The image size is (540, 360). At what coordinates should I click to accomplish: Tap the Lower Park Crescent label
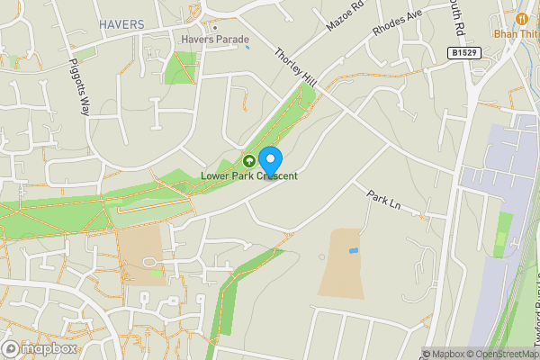coord(249,175)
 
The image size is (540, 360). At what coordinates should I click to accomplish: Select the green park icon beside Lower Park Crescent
coord(248,161)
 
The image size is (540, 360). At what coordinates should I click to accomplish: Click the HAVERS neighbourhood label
coord(122,23)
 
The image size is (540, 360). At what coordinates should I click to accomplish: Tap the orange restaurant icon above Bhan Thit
coord(521,18)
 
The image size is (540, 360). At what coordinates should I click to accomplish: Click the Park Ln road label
coord(382,201)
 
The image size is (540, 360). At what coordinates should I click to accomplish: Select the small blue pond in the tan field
coord(354,249)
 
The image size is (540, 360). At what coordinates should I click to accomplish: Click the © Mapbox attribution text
coord(445,354)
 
